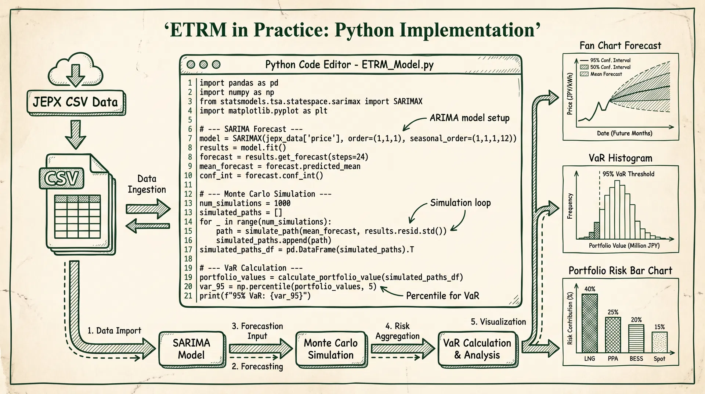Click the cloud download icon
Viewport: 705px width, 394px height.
pos(75,70)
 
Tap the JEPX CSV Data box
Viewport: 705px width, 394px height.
pos(76,102)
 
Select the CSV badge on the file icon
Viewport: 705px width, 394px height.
pos(61,179)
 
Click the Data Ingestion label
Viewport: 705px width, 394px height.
pos(147,184)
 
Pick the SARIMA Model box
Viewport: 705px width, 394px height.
pos(192,349)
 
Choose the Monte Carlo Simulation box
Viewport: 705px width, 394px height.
pos(331,349)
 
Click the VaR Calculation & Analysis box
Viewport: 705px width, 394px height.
pos(477,349)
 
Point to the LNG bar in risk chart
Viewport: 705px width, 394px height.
pos(590,323)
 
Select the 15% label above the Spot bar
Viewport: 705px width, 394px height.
pos(659,327)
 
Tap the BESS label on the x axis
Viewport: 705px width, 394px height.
pos(636,359)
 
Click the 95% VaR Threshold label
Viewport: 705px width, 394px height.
pos(628,174)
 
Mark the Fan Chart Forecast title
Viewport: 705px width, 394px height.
pos(620,46)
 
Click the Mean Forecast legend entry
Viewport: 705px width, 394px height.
pos(606,74)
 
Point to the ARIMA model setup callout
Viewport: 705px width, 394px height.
pos(470,118)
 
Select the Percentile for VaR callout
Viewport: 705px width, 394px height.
pos(442,296)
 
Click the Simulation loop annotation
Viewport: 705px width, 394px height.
pos(460,203)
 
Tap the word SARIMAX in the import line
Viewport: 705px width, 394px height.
pos(408,101)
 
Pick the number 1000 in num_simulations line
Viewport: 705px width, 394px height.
pos(282,203)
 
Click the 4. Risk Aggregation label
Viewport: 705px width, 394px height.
pos(397,331)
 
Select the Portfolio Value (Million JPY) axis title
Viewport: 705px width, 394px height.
pos(624,246)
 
